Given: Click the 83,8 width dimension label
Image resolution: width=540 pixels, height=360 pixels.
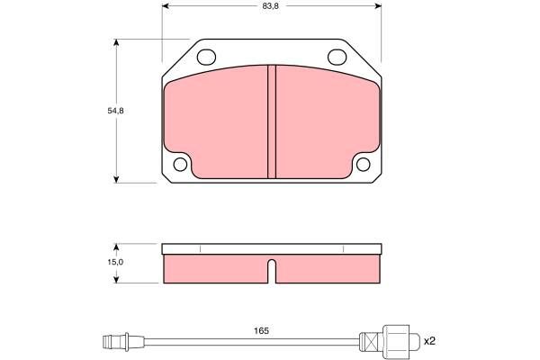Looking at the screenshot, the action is tap(270, 6).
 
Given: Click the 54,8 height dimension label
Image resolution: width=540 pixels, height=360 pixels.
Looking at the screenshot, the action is tap(115, 111).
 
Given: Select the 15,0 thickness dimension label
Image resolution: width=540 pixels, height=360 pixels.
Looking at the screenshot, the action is tap(115, 262).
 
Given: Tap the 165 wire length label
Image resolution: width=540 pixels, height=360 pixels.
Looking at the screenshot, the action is tap(261, 331).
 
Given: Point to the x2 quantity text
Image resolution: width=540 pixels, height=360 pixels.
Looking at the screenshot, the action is tap(429, 341).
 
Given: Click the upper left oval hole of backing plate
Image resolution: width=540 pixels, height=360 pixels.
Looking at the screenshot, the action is tap(206, 58).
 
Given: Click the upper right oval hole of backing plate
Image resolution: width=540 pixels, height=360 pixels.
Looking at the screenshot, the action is tap(337, 58).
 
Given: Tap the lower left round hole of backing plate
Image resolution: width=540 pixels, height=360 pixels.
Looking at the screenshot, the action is tap(180, 165).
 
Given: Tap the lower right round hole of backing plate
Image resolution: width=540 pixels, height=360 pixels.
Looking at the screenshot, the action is tap(363, 165).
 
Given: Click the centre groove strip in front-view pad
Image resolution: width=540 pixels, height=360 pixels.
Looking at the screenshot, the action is tap(272, 121).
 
